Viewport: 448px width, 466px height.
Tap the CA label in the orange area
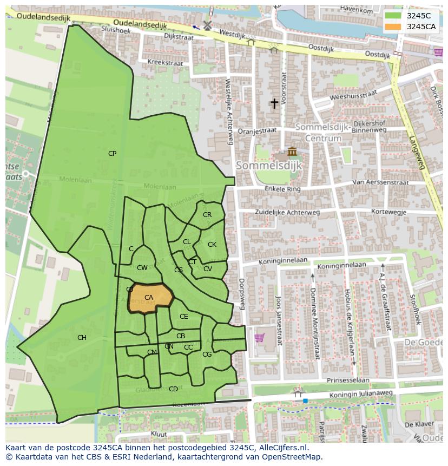[149, 298]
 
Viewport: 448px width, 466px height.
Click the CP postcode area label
[112, 154]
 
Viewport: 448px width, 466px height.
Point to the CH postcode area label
[82, 338]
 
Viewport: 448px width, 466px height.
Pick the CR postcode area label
[207, 215]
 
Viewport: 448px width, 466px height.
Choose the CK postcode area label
[212, 245]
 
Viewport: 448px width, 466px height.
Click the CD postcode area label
[173, 389]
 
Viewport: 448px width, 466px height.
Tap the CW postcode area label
[142, 268]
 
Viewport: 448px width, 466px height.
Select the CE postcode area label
[184, 317]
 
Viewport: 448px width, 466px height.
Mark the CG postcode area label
[207, 355]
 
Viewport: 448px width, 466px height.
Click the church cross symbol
[274, 103]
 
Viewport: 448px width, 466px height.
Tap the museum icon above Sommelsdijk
[292, 151]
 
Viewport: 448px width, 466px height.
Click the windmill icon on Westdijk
[207, 25]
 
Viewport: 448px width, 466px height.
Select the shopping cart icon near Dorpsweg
[259, 337]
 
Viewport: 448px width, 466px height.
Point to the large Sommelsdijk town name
[268, 165]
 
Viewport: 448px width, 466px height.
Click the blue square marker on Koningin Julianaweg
[305, 401]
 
